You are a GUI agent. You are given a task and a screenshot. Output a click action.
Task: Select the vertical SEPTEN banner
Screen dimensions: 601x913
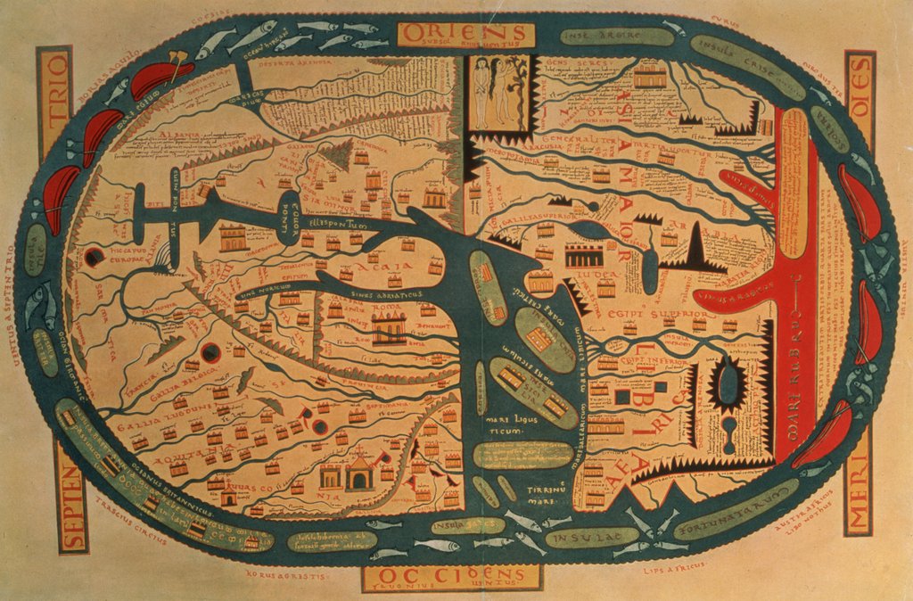[x=71, y=496]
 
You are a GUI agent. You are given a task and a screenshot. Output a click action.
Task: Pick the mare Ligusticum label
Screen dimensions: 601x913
[x=506, y=424]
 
